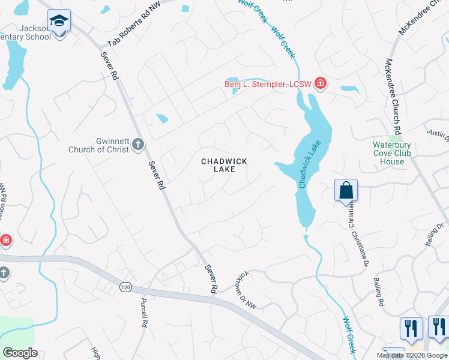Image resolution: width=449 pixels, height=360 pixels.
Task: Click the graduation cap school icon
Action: pyautogui.click(x=59, y=22)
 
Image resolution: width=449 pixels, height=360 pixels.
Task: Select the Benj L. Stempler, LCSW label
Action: pyautogui.click(x=268, y=84)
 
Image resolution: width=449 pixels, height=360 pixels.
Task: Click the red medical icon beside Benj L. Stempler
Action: pyautogui.click(x=320, y=83)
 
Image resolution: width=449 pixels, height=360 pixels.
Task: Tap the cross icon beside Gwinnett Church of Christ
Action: pyautogui.click(x=138, y=144)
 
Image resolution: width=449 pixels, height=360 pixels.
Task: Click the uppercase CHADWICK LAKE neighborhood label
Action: pyautogui.click(x=224, y=165)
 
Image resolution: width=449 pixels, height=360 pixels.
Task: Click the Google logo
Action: pyautogui.click(x=20, y=353)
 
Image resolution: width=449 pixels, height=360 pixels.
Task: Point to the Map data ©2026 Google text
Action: pyautogui.click(x=412, y=355)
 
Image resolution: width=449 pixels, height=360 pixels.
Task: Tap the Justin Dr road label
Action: pyautogui.click(x=438, y=135)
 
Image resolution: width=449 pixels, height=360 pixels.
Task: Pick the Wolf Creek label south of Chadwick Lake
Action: pyautogui.click(x=349, y=333)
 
